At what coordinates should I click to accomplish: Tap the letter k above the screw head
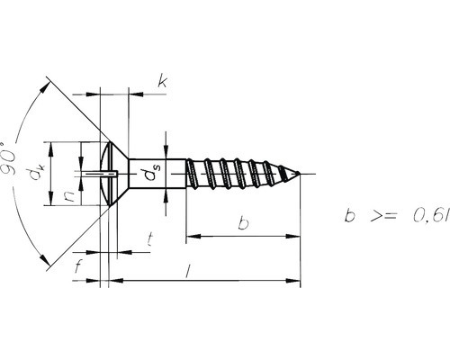[x=162, y=83]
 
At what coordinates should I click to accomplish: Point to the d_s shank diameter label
[x=155, y=172]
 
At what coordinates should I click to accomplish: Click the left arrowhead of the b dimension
[x=192, y=237]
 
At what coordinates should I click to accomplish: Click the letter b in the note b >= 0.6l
[x=349, y=217]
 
